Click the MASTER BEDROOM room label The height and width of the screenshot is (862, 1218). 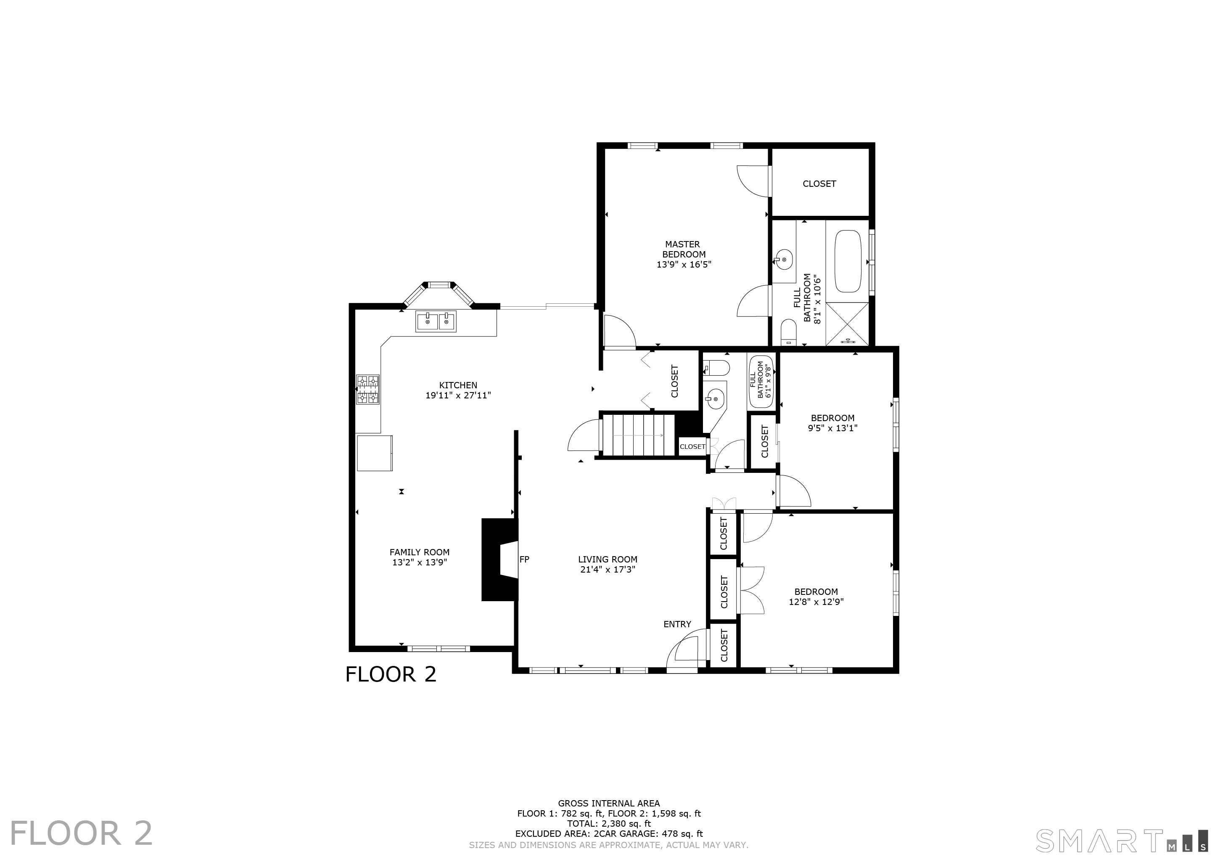click(x=683, y=249)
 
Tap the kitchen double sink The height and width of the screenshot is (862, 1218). click(x=436, y=322)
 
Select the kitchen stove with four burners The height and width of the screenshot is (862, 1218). click(x=367, y=390)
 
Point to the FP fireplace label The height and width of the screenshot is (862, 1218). click(x=524, y=560)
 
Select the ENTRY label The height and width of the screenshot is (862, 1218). click(x=677, y=624)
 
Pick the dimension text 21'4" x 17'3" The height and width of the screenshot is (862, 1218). click(x=608, y=570)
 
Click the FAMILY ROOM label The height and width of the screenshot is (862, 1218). click(x=419, y=552)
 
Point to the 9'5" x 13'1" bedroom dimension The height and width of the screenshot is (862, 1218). click(x=832, y=428)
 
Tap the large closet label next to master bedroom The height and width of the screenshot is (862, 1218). click(x=819, y=184)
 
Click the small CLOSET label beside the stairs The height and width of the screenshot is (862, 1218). click(x=692, y=446)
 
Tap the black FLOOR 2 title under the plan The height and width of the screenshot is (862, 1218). click(x=391, y=674)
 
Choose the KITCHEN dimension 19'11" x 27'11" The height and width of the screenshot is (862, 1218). click(x=458, y=395)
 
